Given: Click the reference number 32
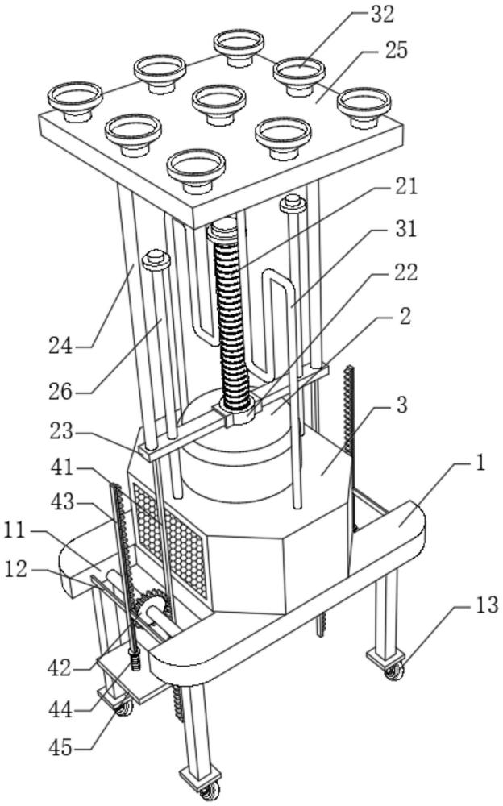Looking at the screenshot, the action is point(381,14).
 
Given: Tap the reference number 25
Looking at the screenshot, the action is point(394,50).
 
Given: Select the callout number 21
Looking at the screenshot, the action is point(405,186).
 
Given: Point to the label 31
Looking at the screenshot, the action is point(405,229).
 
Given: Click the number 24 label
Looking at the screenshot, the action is point(60,346).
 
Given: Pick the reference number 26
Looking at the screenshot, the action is point(60,393).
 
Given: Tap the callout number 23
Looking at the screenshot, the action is point(60,431).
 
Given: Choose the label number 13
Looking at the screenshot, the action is point(486,605).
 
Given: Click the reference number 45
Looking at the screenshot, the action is point(60,747).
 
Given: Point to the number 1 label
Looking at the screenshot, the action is point(479,464).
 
